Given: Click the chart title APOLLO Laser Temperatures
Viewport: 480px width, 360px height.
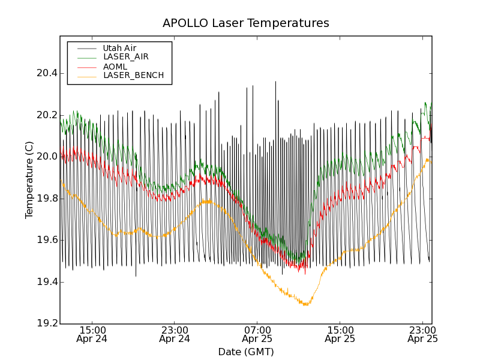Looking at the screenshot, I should pyautogui.click(x=246, y=23).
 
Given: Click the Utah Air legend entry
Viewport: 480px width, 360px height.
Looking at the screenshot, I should pyautogui.click(x=119, y=48).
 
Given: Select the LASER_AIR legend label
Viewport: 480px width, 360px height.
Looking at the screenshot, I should pyautogui.click(x=125, y=57).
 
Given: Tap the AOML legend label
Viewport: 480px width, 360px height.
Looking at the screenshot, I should pyautogui.click(x=115, y=67).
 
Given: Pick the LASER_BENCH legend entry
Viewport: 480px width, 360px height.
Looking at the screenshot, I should pyautogui.click(x=133, y=76).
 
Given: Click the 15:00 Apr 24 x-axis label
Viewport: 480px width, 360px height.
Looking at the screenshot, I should pyautogui.click(x=92, y=334).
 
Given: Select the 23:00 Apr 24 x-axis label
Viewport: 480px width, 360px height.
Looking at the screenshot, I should pyautogui.click(x=175, y=334).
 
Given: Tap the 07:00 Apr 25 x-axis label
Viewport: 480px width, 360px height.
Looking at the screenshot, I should pyautogui.click(x=257, y=334).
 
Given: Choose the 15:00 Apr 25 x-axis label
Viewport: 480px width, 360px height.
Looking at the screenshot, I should pyautogui.click(x=340, y=334).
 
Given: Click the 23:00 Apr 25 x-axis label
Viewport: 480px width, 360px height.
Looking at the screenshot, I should pyautogui.click(x=422, y=334).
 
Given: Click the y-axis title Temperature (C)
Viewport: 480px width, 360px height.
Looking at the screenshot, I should pyautogui.click(x=29, y=180).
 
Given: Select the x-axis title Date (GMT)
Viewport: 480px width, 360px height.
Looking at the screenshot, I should pyautogui.click(x=246, y=352).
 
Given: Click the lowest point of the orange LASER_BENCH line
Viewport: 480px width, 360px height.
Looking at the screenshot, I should pyautogui.click(x=306, y=305).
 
